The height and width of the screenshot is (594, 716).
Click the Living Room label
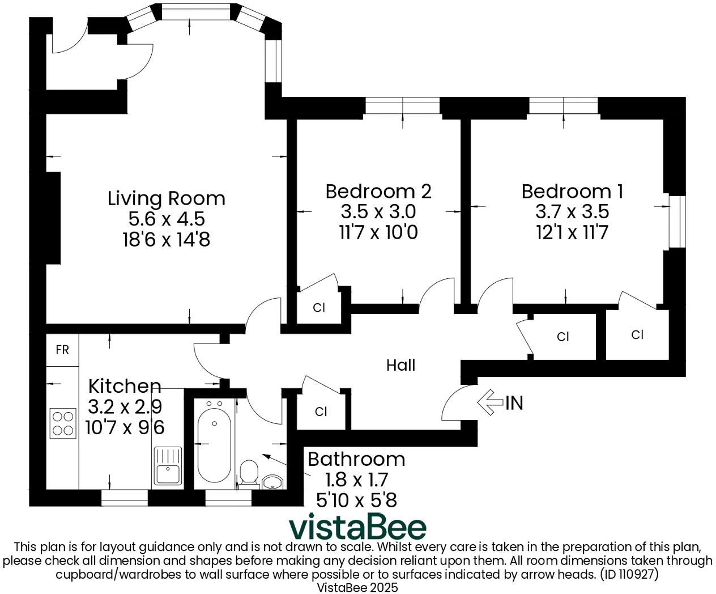(x=166, y=198)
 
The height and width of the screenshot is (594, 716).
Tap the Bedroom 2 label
(x=378, y=191)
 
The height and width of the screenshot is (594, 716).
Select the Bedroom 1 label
(x=572, y=191)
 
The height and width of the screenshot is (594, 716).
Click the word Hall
(x=400, y=365)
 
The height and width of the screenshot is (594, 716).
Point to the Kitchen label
(x=125, y=386)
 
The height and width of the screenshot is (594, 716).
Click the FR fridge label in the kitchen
(x=62, y=350)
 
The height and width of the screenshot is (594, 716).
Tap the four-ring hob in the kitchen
(x=63, y=423)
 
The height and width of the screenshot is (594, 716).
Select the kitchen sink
(x=167, y=466)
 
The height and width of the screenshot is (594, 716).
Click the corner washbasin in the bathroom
(x=274, y=482)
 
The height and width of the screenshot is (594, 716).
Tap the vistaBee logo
(x=357, y=527)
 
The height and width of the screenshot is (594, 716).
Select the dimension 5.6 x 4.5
(x=166, y=219)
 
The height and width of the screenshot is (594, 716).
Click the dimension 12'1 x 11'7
(x=572, y=232)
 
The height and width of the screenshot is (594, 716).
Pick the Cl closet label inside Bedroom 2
(x=319, y=308)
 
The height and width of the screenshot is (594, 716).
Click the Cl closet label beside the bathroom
(x=321, y=411)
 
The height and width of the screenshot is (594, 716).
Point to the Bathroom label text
(x=356, y=459)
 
